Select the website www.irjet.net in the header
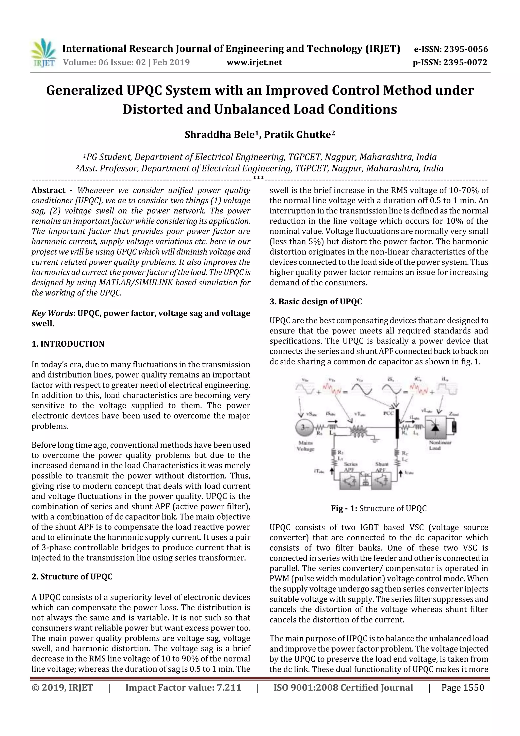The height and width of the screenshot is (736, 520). [x=254, y=62]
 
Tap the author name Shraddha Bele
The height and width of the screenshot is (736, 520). [x=219, y=135]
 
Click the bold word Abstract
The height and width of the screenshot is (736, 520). [x=48, y=190]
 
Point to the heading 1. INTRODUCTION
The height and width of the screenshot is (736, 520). [x=68, y=344]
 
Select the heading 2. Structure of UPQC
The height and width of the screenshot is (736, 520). [x=72, y=577]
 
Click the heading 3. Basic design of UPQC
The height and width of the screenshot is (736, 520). [x=316, y=302]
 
